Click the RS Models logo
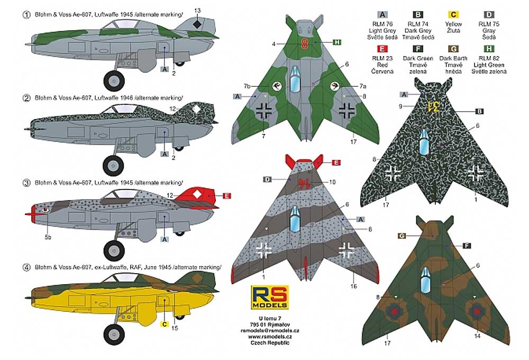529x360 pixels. point(270,297)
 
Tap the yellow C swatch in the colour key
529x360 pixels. point(453,15)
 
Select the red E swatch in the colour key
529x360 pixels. point(382,49)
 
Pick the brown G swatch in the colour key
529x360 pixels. point(453,49)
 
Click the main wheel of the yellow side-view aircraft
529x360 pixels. point(114,335)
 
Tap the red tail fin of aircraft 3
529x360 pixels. point(196,196)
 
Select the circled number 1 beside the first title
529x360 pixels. point(26,15)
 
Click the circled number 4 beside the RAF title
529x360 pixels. point(26,267)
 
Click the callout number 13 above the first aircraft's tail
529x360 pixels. point(197,11)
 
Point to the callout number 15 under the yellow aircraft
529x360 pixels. point(175,328)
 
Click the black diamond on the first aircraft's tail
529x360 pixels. point(197,24)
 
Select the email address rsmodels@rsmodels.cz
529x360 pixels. point(270,331)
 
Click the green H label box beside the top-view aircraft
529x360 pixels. point(336,42)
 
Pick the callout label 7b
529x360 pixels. point(247,86)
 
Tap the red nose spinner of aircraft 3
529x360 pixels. point(32,214)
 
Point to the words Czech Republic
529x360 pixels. point(270,343)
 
